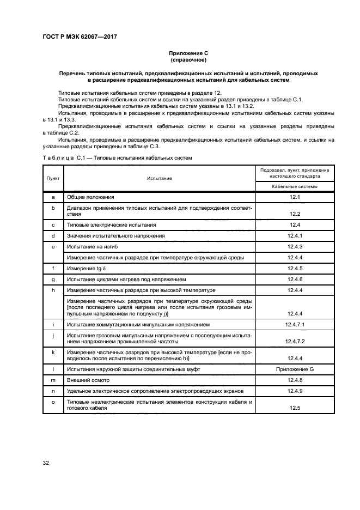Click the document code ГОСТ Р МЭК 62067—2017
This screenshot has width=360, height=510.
tap(80, 37)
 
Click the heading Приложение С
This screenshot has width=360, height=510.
tap(188, 53)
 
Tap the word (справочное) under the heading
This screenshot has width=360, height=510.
tap(188, 60)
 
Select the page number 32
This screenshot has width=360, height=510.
tap(46, 463)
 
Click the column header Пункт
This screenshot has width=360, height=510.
tap(53, 178)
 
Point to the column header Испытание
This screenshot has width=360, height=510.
tap(159, 178)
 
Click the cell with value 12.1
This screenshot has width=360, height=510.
tap(295, 197)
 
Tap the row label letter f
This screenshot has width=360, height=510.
tap(53, 268)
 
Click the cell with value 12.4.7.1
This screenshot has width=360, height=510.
tap(295, 324)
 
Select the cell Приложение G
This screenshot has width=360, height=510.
tap(295, 369)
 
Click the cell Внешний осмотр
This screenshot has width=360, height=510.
tap(87, 380)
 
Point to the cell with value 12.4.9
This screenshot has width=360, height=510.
tap(295, 391)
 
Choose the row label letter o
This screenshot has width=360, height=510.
tap(53, 402)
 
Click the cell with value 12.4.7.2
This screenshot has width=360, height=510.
tap(295, 342)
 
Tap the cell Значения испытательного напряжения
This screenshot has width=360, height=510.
tap(115, 235)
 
